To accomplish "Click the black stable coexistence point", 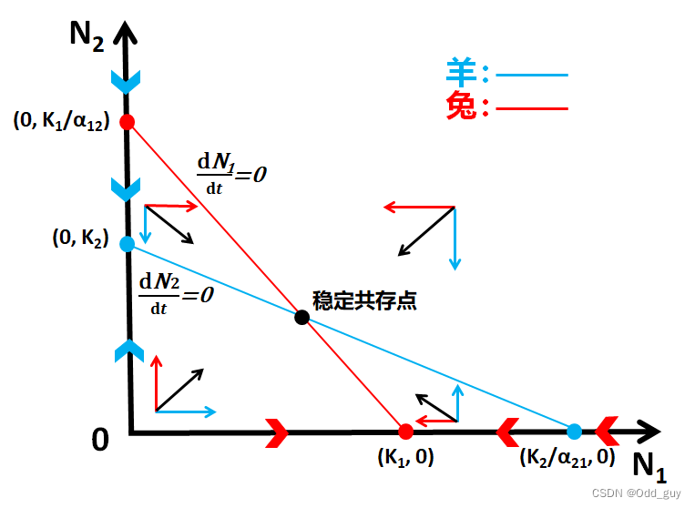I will pos(302,317).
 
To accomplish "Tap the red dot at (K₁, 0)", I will pos(406,431).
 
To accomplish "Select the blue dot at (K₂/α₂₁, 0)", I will pos(574,432).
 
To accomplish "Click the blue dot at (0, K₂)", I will pos(128,243).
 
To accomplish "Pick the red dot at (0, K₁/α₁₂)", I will pos(128,121).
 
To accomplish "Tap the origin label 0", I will pos(100,440).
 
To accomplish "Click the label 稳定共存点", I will pos(364,300).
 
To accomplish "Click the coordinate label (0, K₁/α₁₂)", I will pos(62,120).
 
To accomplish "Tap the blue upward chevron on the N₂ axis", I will pos(129,350).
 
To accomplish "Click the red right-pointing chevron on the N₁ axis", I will pos(278,432).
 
